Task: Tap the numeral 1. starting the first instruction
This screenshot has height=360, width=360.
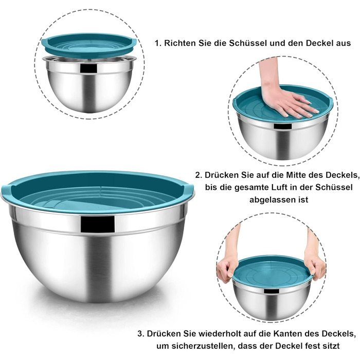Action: (158, 43)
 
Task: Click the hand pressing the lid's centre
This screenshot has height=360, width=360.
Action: (286, 97)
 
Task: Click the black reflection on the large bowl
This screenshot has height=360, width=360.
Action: (97, 224)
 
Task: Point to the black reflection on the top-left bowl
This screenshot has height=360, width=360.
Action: (88, 68)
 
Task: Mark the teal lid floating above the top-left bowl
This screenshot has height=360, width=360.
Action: (89, 46)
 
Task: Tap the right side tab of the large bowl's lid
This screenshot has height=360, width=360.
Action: (189, 190)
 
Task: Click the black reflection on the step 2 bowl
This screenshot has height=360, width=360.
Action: (283, 126)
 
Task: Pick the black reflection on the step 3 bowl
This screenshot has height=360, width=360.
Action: (272, 291)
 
